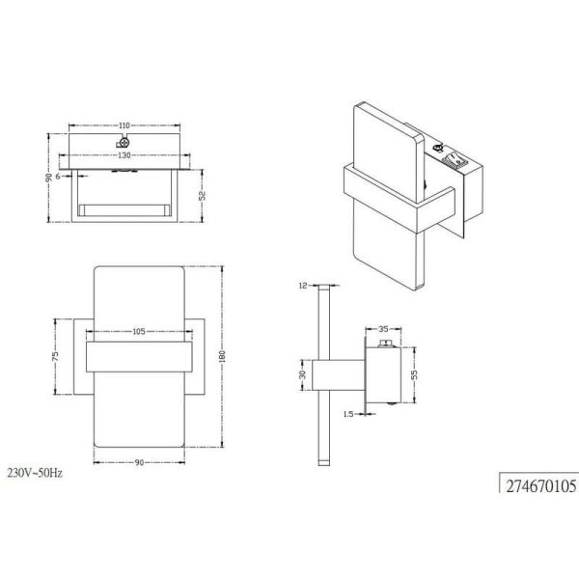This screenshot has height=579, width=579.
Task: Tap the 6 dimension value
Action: coord(59,177)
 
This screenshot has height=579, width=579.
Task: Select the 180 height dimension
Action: coord(222,356)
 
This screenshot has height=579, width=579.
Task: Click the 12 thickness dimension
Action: coord(301,286)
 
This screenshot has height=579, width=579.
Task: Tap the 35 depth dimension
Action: coord(384,328)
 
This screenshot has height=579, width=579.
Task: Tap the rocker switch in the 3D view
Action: coord(456,162)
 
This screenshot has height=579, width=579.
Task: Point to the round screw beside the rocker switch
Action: coord(440,149)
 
